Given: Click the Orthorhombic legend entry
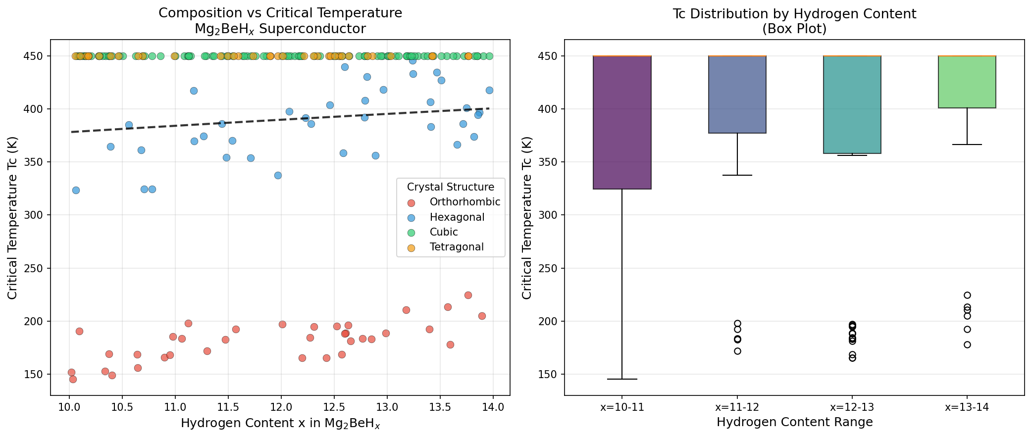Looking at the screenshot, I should coord(464,202).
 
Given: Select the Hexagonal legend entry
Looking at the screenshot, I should coord(457,217).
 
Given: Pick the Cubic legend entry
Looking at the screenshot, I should coord(444,232).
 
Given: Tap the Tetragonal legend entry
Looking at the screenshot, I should coord(457,247).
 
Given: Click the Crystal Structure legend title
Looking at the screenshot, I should coord(450,187).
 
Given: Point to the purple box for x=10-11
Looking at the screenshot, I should coord(622,122).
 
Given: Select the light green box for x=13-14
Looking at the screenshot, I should coord(967,82).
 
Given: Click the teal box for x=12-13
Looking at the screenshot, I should coord(852,104).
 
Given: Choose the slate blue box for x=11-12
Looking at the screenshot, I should coord(737,95).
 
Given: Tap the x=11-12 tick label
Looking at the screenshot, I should coord(737,407).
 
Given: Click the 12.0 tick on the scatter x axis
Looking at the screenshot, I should coord(281,407).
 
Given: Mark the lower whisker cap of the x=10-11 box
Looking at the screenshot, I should coord(622,379).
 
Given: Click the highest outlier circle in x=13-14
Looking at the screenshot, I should coord(967,295).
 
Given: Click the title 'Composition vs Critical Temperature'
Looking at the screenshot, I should coord(280,13).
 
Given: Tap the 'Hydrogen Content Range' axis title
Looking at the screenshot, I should coord(794,422).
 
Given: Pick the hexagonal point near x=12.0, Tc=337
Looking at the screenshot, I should coord(278,175).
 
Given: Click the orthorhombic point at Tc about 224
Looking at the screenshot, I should coord(468,295).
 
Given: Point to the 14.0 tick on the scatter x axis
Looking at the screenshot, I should coord(493,407).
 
